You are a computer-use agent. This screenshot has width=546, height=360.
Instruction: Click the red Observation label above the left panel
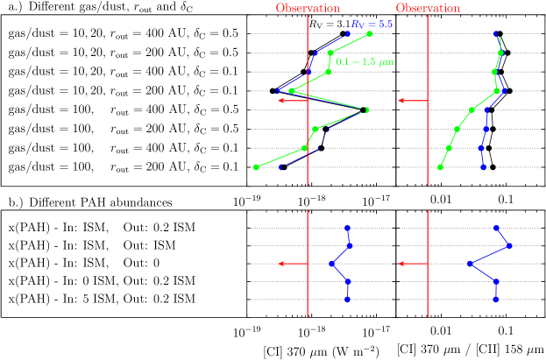point(308,9)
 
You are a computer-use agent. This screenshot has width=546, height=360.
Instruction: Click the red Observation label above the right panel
point(428,9)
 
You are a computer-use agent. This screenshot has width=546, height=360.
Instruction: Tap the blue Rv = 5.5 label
point(372,25)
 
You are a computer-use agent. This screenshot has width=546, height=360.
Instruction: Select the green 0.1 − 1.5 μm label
point(365,62)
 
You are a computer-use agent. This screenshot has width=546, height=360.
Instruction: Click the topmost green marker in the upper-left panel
point(370,33)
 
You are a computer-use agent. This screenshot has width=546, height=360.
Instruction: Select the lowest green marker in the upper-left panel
point(256,166)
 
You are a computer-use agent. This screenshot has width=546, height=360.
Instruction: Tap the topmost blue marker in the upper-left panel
point(348,33)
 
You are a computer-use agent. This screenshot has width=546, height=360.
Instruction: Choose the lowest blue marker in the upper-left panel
point(280,166)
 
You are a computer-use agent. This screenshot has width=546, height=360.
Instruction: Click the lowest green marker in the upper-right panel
point(440,166)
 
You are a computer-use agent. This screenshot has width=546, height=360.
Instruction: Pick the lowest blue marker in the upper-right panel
point(483,166)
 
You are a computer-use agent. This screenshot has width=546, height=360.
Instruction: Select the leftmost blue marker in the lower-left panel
point(331,264)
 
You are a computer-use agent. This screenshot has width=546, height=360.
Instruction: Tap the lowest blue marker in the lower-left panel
point(348,300)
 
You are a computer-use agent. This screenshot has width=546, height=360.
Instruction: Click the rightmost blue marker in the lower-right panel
point(510,246)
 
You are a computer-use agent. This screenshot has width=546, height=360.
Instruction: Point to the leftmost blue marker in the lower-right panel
point(470,264)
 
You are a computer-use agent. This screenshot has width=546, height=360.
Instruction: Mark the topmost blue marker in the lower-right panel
point(496,228)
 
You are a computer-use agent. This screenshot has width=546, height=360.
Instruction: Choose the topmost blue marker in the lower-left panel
point(348,228)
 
